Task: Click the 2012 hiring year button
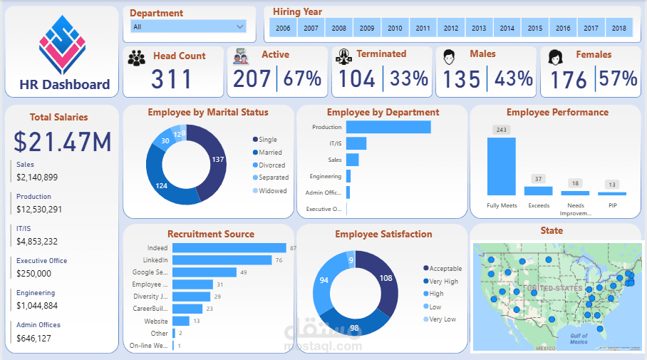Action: (x=450, y=29)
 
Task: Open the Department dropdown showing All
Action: (x=188, y=26)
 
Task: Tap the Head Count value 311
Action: (x=172, y=78)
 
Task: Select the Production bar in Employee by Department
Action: (x=388, y=127)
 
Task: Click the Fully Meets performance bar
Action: (x=501, y=166)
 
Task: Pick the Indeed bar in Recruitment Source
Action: (x=229, y=248)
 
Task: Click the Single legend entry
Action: (x=268, y=140)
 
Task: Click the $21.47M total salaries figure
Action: (x=63, y=142)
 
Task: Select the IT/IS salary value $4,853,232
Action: (x=37, y=242)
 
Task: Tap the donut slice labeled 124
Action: (x=161, y=185)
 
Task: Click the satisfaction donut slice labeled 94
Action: (x=324, y=279)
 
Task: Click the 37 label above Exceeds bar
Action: (x=538, y=179)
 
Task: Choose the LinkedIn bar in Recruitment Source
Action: (x=222, y=260)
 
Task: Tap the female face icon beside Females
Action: (x=556, y=57)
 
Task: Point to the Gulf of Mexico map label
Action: (x=579, y=339)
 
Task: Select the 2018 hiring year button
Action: (x=618, y=29)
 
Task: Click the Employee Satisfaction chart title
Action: (x=383, y=234)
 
